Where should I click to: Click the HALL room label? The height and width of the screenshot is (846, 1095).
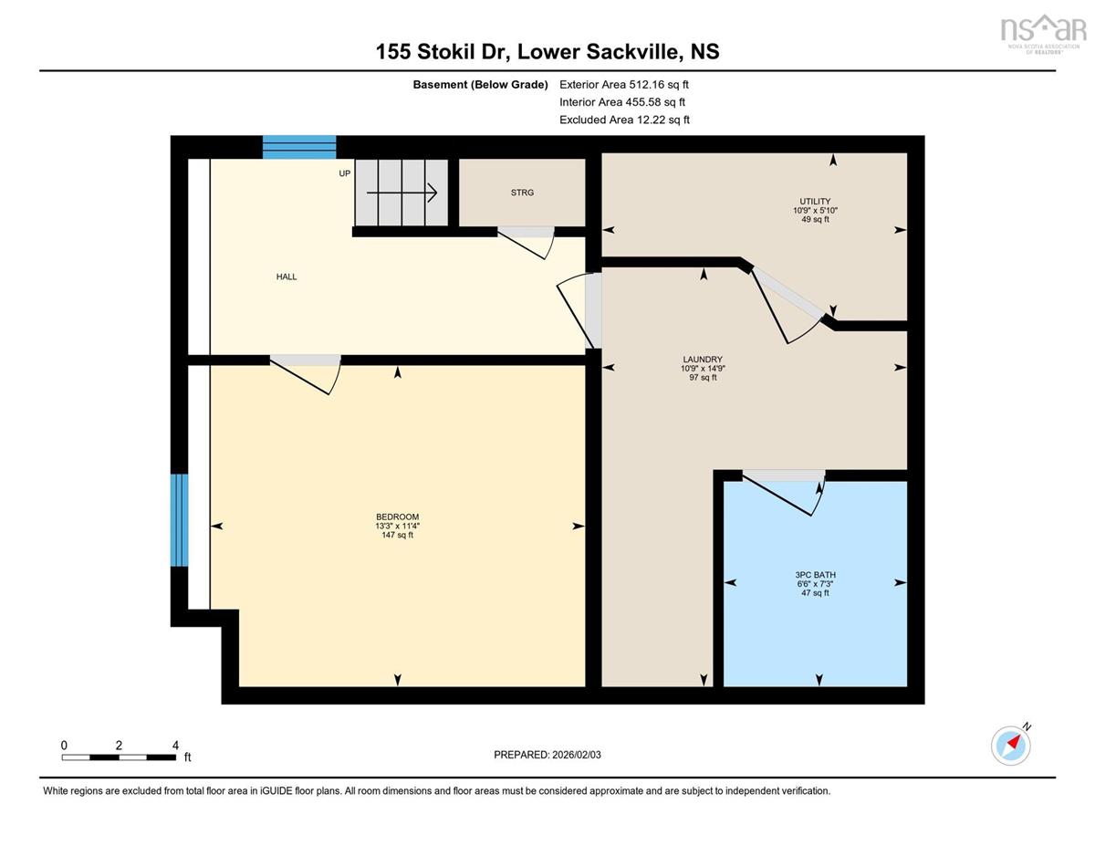(287, 277)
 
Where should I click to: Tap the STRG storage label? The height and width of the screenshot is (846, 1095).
(522, 193)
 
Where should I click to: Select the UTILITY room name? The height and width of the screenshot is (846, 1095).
(815, 201)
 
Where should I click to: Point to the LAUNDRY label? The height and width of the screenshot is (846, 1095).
(703, 360)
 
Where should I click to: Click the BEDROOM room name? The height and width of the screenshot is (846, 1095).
(398, 517)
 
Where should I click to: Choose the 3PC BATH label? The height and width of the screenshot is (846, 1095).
(815, 575)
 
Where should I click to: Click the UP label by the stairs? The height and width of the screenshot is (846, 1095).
(345, 173)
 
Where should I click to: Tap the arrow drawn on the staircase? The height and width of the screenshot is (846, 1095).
(401, 193)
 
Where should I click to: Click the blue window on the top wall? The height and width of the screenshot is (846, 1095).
(299, 147)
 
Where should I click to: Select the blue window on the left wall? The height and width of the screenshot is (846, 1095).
(180, 520)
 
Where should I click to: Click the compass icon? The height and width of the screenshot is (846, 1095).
(1011, 747)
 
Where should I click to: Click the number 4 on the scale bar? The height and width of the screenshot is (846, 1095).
(175, 746)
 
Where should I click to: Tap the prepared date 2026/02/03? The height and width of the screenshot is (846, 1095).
(577, 755)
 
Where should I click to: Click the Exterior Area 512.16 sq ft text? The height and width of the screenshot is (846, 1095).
(624, 85)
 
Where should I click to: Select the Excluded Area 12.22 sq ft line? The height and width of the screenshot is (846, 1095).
(624, 120)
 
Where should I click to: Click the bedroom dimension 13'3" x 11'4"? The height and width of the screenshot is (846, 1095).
(398, 526)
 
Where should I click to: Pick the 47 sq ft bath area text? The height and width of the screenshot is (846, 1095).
(815, 593)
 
